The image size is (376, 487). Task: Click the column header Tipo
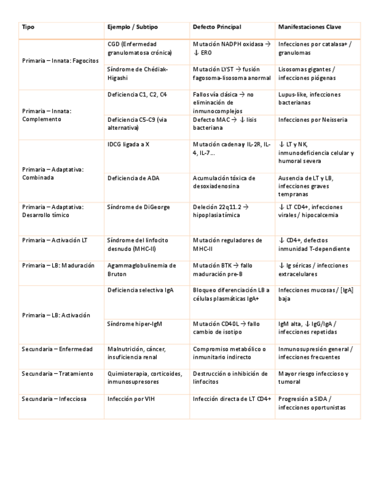pos(28,27)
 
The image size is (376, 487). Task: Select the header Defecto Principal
pos(217,27)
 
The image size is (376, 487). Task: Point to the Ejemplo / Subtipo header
pos(133,27)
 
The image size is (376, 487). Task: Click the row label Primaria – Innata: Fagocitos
pos(60,60)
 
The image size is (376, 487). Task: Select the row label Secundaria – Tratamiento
pos(57,374)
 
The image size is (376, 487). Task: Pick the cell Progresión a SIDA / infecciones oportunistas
pos(311,403)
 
